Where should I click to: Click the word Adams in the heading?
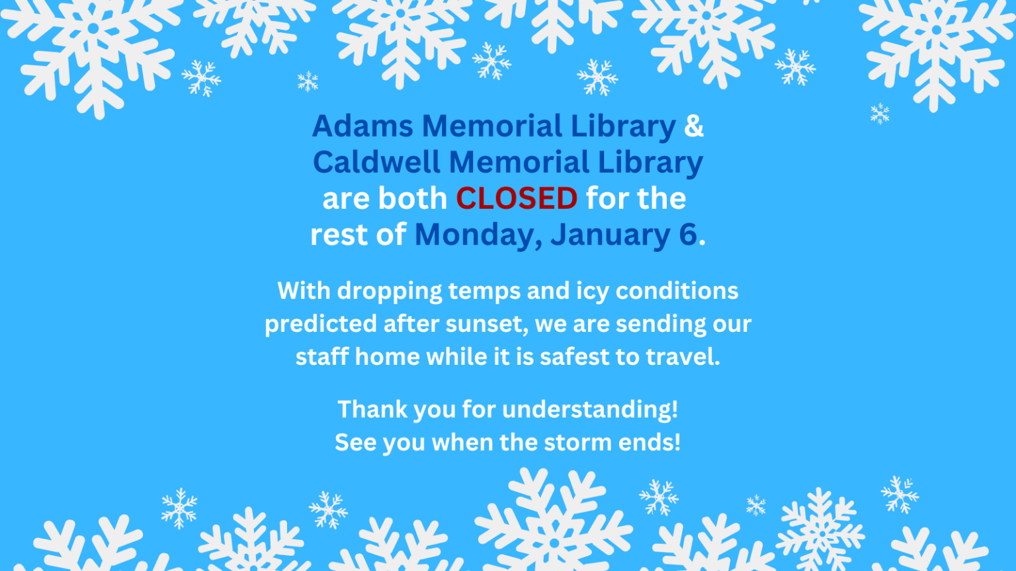click(x=362, y=126)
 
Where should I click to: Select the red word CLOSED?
click(x=517, y=198)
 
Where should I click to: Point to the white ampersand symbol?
click(x=694, y=126)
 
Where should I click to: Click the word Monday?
click(x=478, y=235)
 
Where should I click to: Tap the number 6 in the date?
click(x=688, y=235)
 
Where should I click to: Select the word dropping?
click(x=390, y=291)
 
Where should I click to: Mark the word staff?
click(x=321, y=357)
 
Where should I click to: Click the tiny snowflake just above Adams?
click(x=308, y=81)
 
